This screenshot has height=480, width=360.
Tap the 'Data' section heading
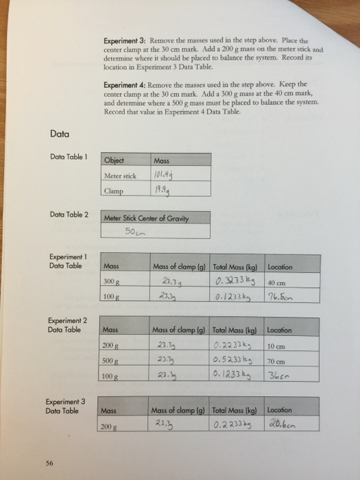click(x=59, y=133)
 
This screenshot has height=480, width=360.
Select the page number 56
click(x=50, y=463)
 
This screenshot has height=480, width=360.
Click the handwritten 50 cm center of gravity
click(x=134, y=231)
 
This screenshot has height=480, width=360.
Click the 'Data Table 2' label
click(x=69, y=215)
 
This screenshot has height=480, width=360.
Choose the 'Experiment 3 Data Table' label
click(x=66, y=406)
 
